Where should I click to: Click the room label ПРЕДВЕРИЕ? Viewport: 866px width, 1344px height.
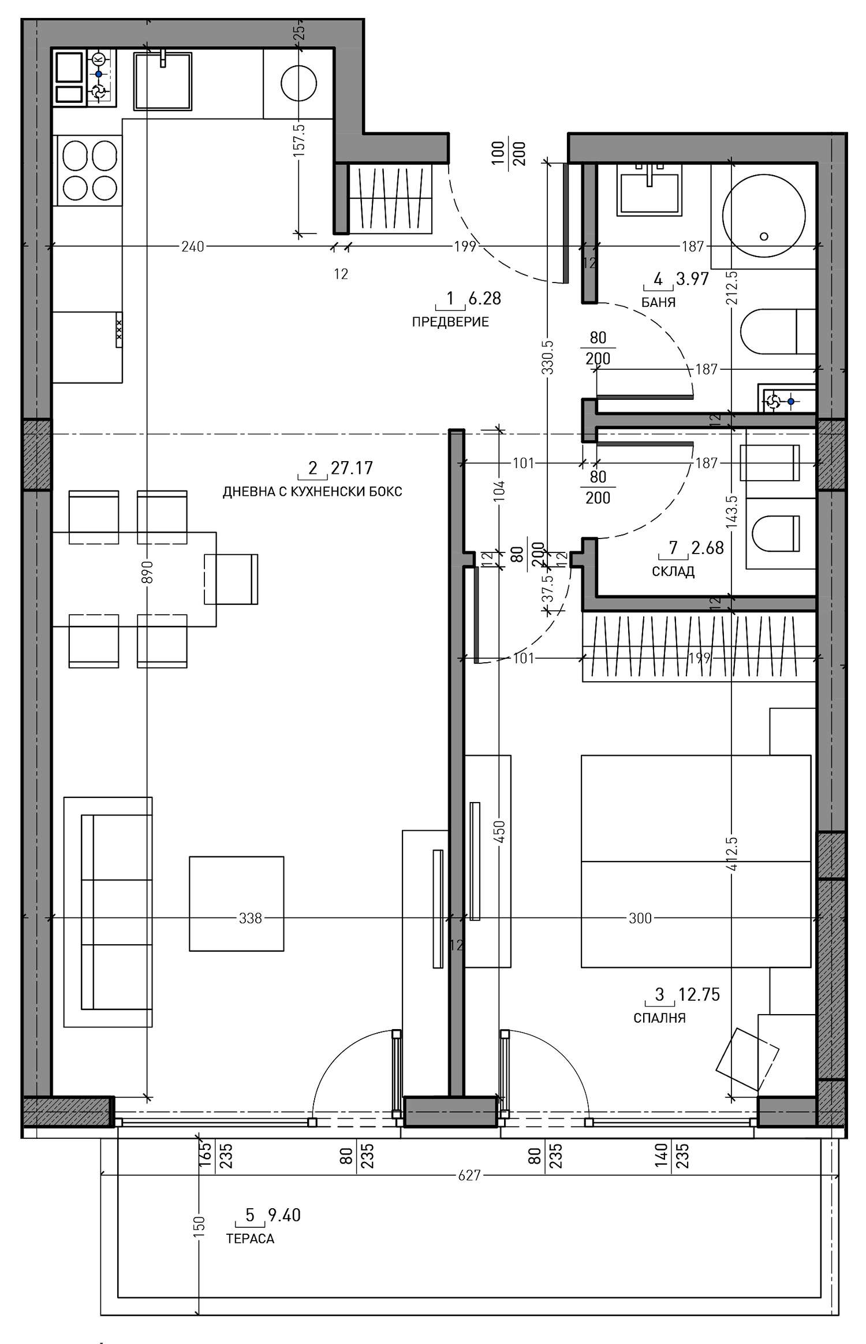coord(450,322)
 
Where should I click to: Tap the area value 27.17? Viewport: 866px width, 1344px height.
coord(352,467)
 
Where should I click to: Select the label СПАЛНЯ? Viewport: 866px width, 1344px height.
coord(659,1018)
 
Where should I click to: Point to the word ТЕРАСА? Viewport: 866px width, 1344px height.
coord(250,1239)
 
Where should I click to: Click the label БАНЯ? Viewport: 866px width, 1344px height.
coord(658,302)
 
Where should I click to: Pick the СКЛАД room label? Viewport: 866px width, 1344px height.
coord(673,572)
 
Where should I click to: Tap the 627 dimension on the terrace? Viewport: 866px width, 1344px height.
coord(469,1175)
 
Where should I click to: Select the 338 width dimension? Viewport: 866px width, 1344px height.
coord(250,918)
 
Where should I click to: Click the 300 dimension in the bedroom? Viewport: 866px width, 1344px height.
coord(640,918)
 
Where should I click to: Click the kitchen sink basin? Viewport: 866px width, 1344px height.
coord(162,80)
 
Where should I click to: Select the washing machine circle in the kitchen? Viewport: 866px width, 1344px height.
coord(298,83)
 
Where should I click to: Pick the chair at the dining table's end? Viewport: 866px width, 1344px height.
coord(231,579)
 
